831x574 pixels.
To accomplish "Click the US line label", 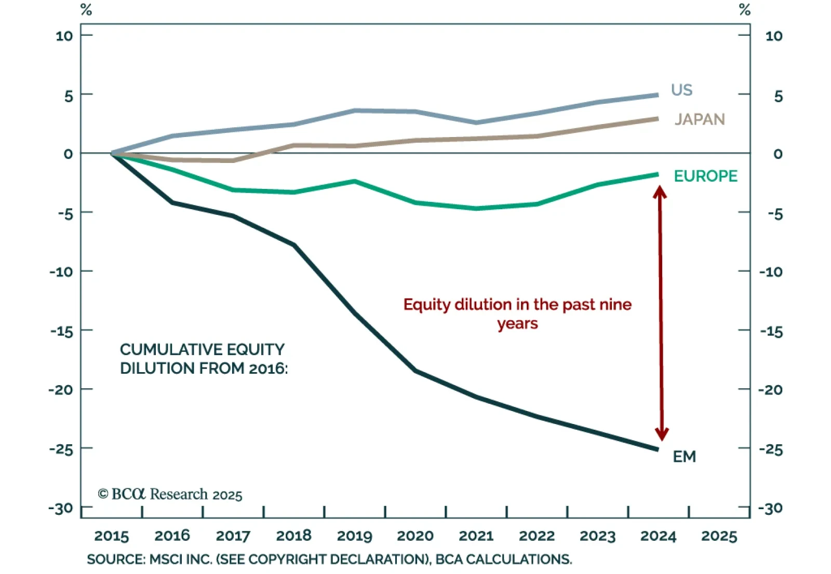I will [681, 90].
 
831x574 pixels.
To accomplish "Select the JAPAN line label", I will [700, 119].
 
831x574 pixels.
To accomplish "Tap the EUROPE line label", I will [705, 176].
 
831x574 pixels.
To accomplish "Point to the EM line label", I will [684, 457].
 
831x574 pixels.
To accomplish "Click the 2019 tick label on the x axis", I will [354, 536].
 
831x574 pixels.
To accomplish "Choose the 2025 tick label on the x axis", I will [719, 536].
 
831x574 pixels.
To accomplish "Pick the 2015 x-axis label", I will [111, 536].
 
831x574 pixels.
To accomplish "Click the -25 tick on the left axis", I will [61, 449].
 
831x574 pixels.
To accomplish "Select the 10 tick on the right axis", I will [773, 36].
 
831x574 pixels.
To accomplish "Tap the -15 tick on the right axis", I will [771, 331].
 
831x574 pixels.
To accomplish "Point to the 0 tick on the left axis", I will [68, 154].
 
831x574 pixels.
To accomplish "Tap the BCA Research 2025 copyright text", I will [170, 494].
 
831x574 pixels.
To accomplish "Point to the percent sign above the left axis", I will [86, 10].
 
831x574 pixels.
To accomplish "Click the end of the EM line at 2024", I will [658, 449].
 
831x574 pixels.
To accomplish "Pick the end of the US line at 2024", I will [658, 95].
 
